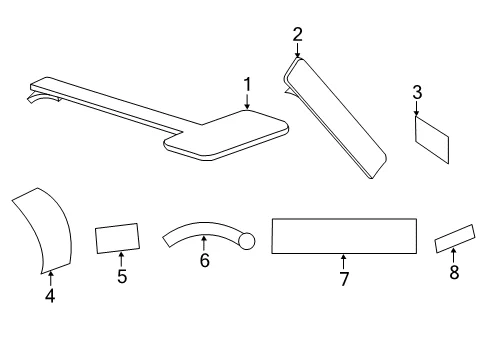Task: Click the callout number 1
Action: point(247,85)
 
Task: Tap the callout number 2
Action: point(297,35)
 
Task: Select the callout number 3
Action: point(417,92)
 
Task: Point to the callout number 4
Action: point(50,296)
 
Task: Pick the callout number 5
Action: point(122,276)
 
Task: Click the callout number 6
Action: point(205,260)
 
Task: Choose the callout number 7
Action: point(344,279)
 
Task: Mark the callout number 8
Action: point(454,272)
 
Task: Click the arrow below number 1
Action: point(247,101)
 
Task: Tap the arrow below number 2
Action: point(297,50)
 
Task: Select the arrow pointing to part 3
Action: point(416,108)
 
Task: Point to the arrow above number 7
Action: point(343,262)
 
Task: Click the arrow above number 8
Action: point(453,256)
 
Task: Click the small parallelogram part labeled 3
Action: point(432,140)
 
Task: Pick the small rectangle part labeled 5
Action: point(117,238)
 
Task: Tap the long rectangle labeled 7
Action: point(344,236)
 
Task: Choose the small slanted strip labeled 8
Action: point(455,239)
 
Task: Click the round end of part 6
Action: point(247,241)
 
